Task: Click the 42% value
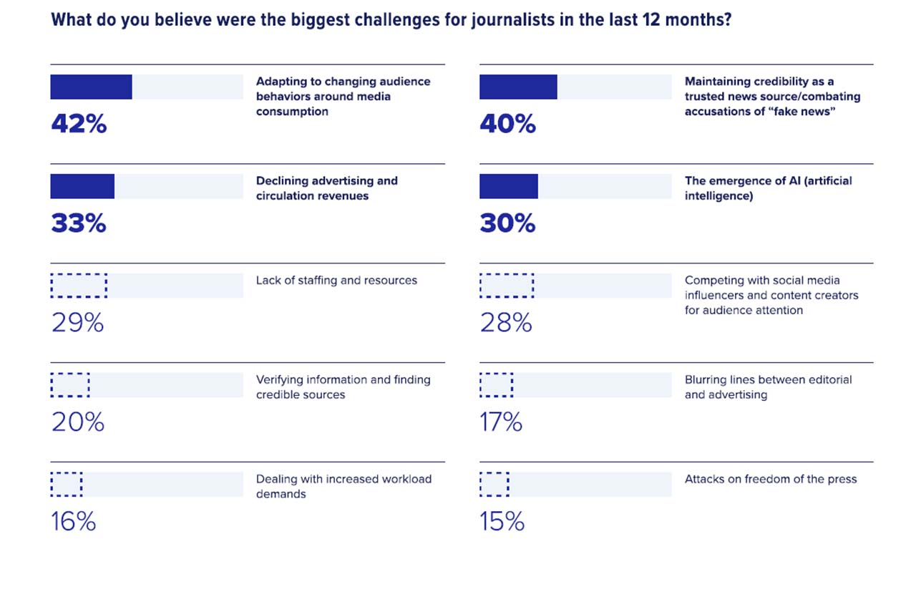click(x=79, y=125)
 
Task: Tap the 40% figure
click(x=507, y=125)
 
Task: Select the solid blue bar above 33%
click(x=82, y=186)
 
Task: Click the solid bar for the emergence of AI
click(x=508, y=186)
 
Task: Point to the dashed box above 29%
click(x=79, y=285)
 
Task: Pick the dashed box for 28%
click(x=506, y=285)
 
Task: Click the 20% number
click(x=78, y=422)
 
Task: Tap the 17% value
click(x=501, y=422)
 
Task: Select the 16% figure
click(x=74, y=522)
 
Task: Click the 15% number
click(x=502, y=522)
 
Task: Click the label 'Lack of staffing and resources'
click(x=336, y=281)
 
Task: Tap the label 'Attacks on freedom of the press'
click(x=770, y=480)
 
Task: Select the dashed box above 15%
click(x=494, y=484)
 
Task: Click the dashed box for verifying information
click(x=70, y=384)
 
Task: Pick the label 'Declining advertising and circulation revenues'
click(x=326, y=188)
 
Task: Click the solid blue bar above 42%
click(x=91, y=87)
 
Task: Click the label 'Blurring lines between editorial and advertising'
click(x=768, y=387)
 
